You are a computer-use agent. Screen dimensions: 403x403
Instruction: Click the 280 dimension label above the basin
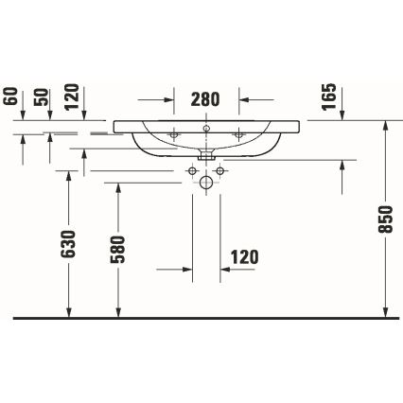[x=206, y=97]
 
